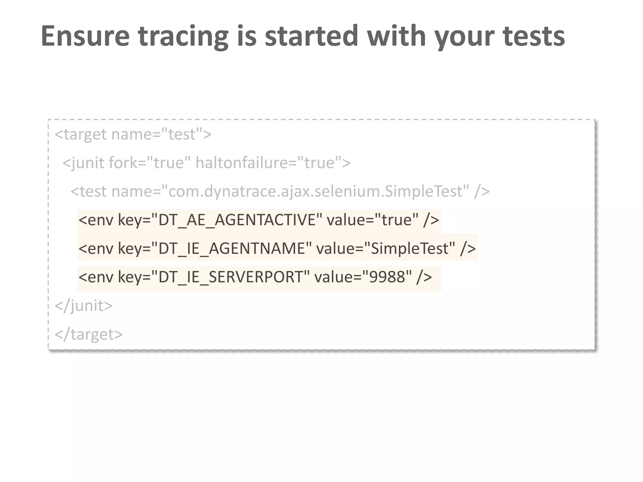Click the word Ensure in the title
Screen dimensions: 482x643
tap(85, 36)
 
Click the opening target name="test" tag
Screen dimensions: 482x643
tap(133, 134)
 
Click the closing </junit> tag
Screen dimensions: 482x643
tap(84, 306)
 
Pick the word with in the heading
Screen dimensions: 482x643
tap(396, 36)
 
